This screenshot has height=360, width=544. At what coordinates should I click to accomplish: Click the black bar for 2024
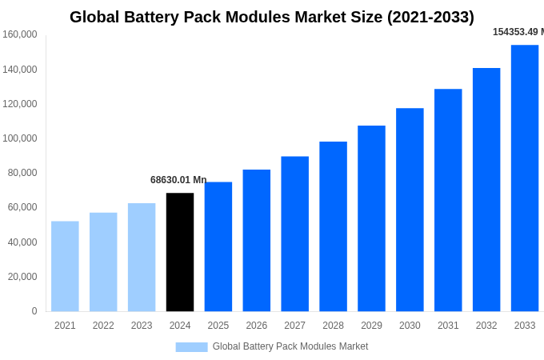click(x=180, y=252)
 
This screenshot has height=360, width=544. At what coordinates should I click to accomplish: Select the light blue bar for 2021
click(x=65, y=266)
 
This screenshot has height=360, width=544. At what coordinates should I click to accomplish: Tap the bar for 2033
click(x=525, y=178)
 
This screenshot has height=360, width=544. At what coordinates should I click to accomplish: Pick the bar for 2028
click(x=333, y=226)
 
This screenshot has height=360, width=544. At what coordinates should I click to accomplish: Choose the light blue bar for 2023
click(x=142, y=257)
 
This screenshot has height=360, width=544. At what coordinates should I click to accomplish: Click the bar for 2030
click(x=410, y=210)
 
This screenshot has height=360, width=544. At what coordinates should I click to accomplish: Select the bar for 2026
click(x=257, y=240)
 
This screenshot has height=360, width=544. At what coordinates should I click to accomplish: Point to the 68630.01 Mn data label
click(x=178, y=180)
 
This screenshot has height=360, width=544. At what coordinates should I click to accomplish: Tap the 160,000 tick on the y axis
click(x=20, y=34)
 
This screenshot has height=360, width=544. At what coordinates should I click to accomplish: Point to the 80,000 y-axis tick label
click(x=22, y=173)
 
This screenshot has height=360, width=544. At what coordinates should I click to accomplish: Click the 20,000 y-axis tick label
click(x=22, y=277)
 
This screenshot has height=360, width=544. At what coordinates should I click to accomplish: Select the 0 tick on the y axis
click(x=34, y=311)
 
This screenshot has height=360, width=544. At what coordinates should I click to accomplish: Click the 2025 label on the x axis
click(x=218, y=326)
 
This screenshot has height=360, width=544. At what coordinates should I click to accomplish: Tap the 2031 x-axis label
click(x=448, y=326)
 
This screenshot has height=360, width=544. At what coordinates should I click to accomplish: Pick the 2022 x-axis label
click(x=103, y=326)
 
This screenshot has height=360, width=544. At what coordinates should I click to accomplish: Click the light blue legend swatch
click(x=191, y=346)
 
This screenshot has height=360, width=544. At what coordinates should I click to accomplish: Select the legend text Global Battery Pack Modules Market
click(x=290, y=346)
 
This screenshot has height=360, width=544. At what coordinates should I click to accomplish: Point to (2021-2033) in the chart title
click(x=430, y=17)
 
